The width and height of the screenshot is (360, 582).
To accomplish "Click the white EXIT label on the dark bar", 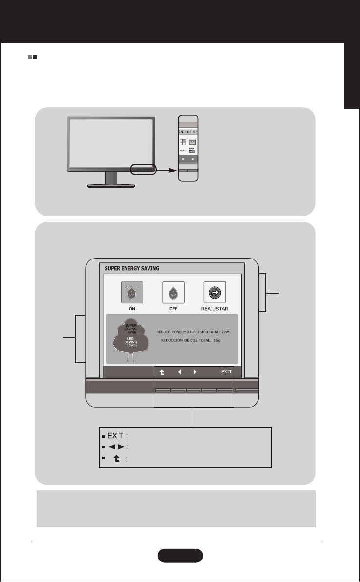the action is pyautogui.click(x=226, y=372).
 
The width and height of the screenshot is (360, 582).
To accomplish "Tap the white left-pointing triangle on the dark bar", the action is pyautogui.click(x=179, y=372).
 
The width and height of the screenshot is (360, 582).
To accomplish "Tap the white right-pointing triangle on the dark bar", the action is pyautogui.click(x=194, y=372).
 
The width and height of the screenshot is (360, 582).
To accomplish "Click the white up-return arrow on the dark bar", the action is pyautogui.click(x=162, y=372).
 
